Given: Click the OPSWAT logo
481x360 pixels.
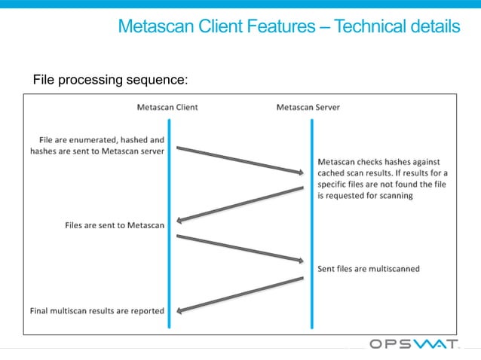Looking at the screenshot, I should tap(414, 344).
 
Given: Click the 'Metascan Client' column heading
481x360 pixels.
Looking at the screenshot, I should tap(167, 107).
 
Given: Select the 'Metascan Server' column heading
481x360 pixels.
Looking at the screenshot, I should tap(308, 107).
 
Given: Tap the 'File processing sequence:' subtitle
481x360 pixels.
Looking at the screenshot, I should tap(110, 79).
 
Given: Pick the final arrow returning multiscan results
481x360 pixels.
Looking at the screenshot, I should tap(239, 294).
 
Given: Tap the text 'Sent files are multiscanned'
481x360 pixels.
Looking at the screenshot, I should tap(369, 268).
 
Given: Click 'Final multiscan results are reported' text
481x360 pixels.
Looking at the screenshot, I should tap(97, 310).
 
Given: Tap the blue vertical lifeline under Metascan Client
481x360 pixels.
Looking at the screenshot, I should tap(170, 264).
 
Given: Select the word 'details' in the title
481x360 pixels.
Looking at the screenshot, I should tap(435, 27).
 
